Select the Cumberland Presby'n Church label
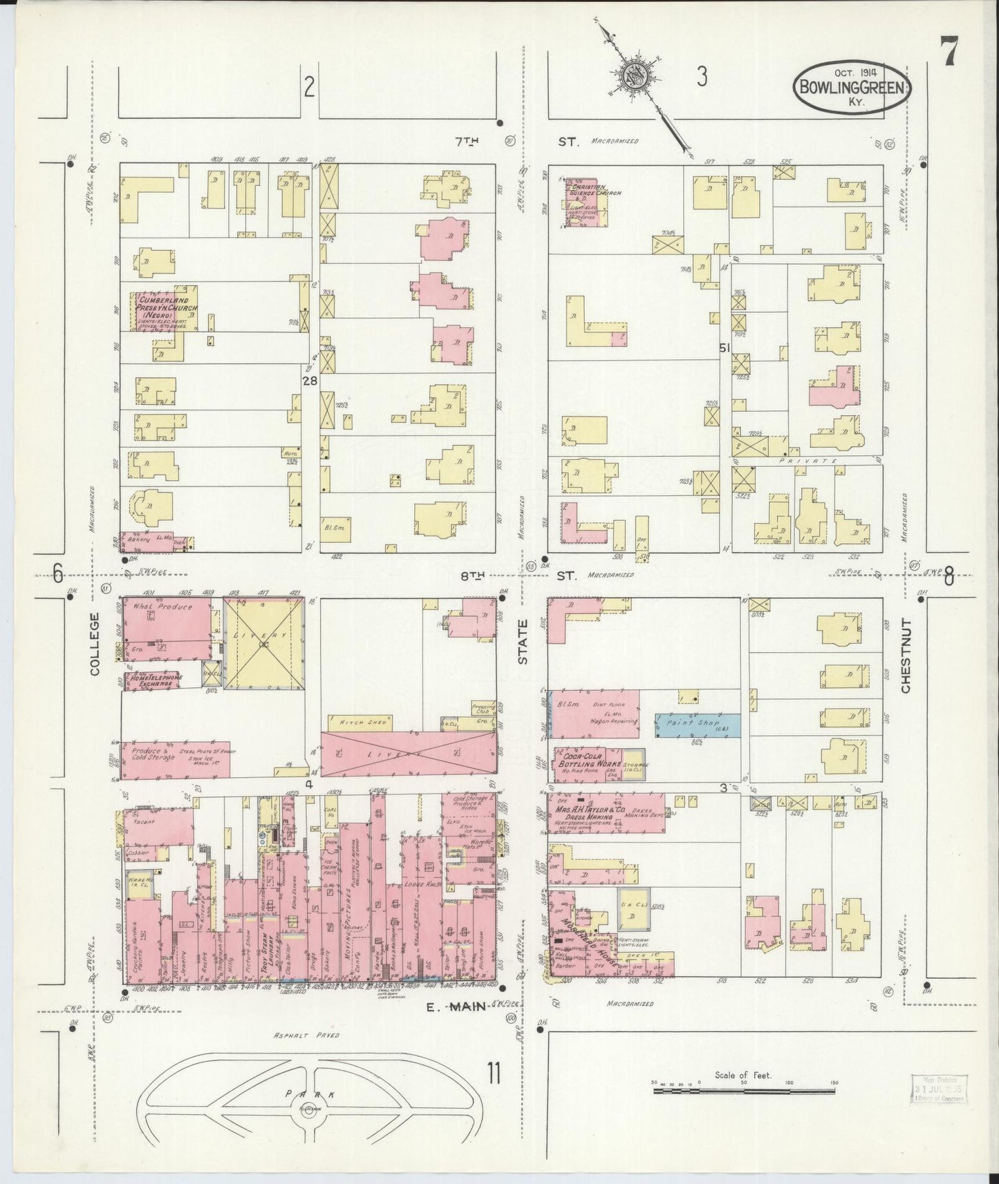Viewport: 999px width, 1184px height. pos(167,304)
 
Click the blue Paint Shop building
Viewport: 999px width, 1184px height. pos(698,723)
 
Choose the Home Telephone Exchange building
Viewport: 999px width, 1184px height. pos(153,680)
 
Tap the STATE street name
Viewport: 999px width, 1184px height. pos(523,642)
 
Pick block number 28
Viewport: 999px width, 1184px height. pos(308,379)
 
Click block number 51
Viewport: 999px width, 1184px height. pos(724,348)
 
